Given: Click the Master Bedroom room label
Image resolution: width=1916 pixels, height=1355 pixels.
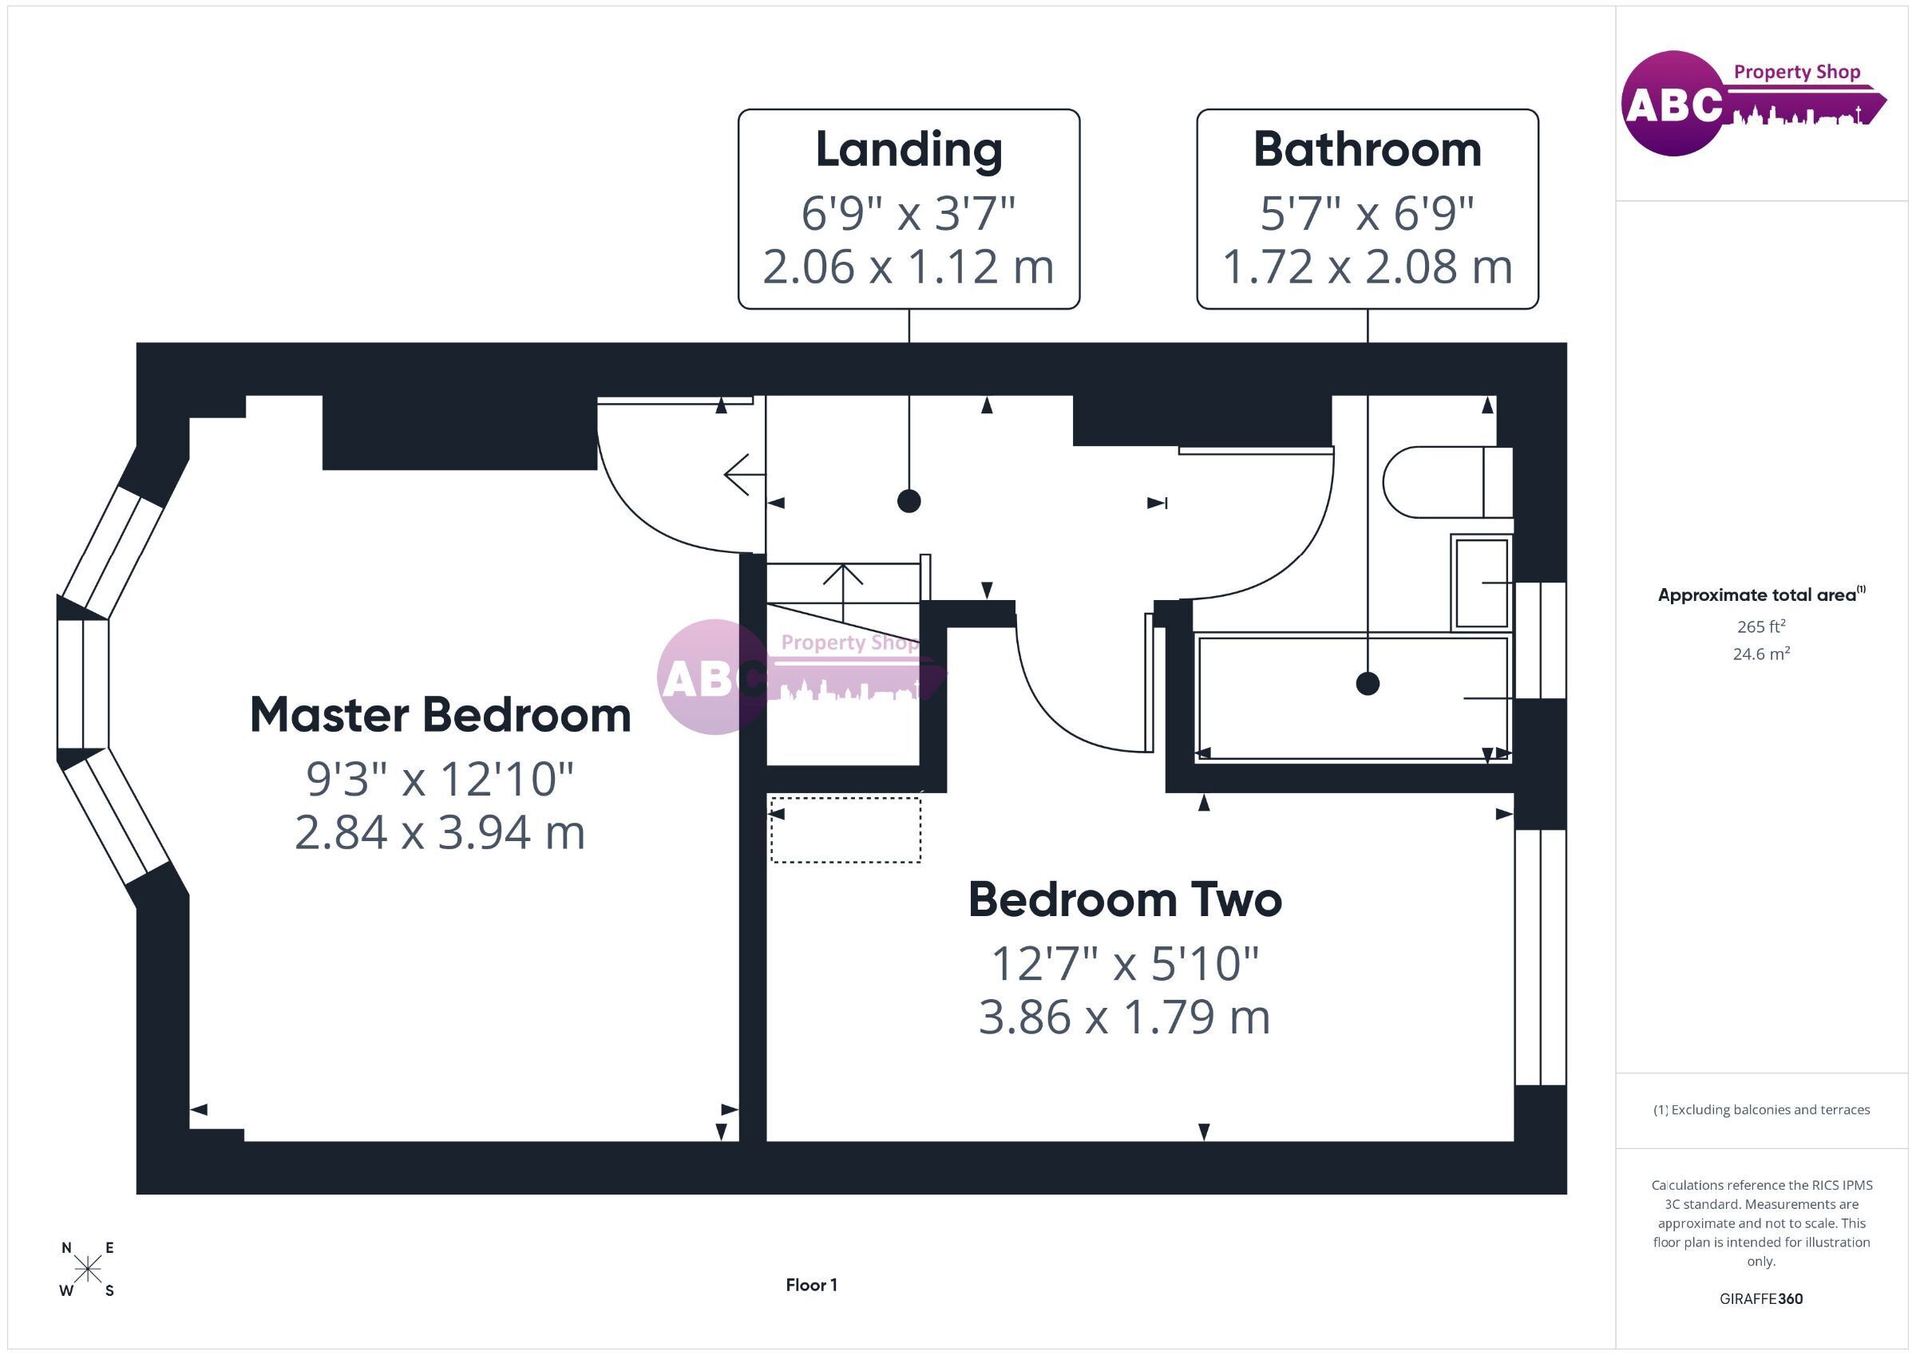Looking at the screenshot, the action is pyautogui.click(x=441, y=716).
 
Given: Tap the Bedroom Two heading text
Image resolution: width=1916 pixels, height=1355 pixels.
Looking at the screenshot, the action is pyautogui.click(x=1125, y=900).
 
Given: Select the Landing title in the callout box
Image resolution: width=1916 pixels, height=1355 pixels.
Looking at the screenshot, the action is pyautogui.click(x=909, y=150).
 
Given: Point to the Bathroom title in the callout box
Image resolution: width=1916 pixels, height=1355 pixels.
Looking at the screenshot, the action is pyautogui.click(x=1367, y=149).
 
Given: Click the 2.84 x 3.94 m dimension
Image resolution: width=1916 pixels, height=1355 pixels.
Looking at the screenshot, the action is pyautogui.click(x=440, y=832).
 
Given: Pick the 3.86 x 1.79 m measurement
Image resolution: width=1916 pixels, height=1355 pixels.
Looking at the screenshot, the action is pyautogui.click(x=1124, y=1017).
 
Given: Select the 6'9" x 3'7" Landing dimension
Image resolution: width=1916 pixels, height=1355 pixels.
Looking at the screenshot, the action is pyautogui.click(x=908, y=214).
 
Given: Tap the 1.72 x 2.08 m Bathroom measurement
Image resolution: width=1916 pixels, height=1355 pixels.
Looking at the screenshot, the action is pyautogui.click(x=1367, y=267).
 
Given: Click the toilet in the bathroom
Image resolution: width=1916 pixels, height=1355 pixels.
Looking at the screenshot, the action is pyautogui.click(x=1448, y=482).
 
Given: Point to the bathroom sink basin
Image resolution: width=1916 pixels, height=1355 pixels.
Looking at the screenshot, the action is pyautogui.click(x=1482, y=583).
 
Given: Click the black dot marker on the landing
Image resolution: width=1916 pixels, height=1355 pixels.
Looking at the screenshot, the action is pyautogui.click(x=909, y=501).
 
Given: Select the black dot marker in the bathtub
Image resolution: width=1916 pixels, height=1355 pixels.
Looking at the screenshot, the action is pyautogui.click(x=1368, y=683).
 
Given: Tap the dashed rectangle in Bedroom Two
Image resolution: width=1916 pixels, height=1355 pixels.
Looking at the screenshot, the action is pyautogui.click(x=845, y=830).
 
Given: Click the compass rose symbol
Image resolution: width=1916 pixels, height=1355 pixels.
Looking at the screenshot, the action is pyautogui.click(x=88, y=1270).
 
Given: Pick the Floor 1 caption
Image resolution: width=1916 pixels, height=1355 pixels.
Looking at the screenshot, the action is pyautogui.click(x=811, y=1285).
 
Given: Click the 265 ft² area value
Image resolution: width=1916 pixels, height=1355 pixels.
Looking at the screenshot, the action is pyautogui.click(x=1761, y=626).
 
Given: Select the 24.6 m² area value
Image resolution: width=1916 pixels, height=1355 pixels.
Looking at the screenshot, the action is pyautogui.click(x=1761, y=654).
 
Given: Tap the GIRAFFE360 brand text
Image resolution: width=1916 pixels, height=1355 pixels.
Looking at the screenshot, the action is pyautogui.click(x=1761, y=1299).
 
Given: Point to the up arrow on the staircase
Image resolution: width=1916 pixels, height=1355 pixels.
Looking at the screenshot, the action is pyautogui.click(x=843, y=592).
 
